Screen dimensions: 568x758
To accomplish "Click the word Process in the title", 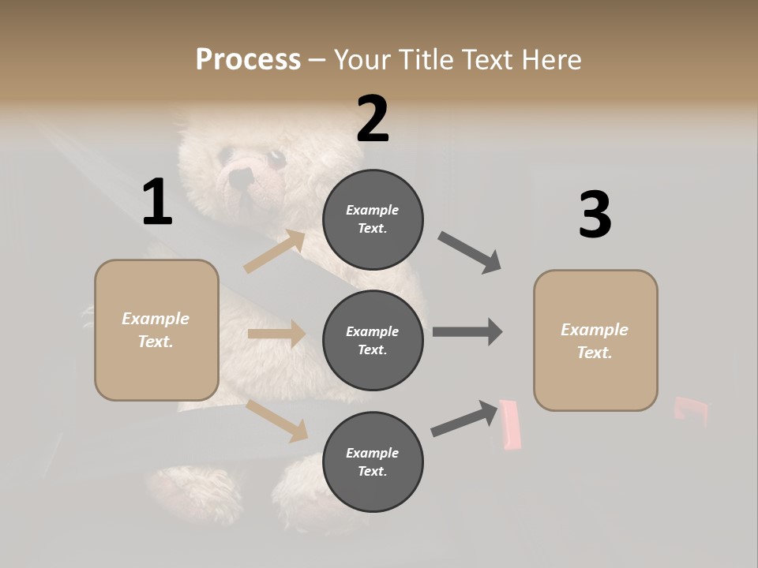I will click(248, 60).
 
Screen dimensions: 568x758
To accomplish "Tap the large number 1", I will click(157, 203).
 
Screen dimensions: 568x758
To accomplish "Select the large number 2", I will click(373, 118).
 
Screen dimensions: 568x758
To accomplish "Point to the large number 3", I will click(595, 215).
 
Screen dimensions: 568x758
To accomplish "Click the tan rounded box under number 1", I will click(156, 330).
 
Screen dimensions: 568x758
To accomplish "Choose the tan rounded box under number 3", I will click(595, 340).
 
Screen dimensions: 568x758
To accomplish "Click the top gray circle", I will click(373, 219).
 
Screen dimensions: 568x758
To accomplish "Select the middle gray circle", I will click(373, 340).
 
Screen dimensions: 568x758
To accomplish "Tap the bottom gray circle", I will click(373, 461).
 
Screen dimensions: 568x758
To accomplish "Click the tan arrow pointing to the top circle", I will click(275, 252).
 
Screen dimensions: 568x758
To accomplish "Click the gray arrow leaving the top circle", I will click(470, 252).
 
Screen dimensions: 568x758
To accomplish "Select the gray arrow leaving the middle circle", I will click(467, 332).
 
